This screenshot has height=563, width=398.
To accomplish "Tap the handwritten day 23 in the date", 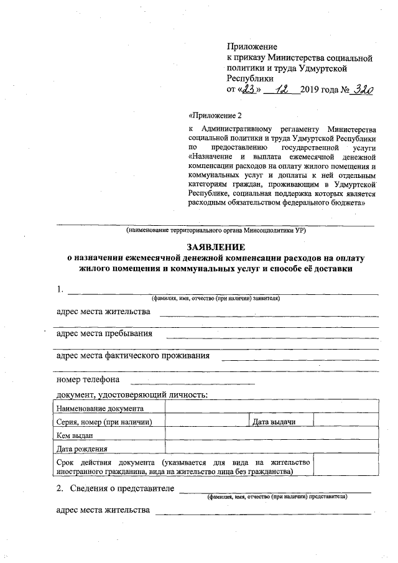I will click(x=249, y=90).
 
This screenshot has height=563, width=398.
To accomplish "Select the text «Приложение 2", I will click(x=213, y=114).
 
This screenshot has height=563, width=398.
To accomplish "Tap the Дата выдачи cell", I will click(x=274, y=422).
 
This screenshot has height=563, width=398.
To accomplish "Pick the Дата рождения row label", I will click(x=81, y=449).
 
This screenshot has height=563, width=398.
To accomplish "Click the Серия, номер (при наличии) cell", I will click(x=104, y=422).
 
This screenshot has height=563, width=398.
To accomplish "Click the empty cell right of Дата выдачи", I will click(x=346, y=422).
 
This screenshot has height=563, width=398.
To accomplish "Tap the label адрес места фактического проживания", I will click(x=132, y=356).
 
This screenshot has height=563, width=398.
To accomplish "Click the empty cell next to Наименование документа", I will click(x=271, y=409).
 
